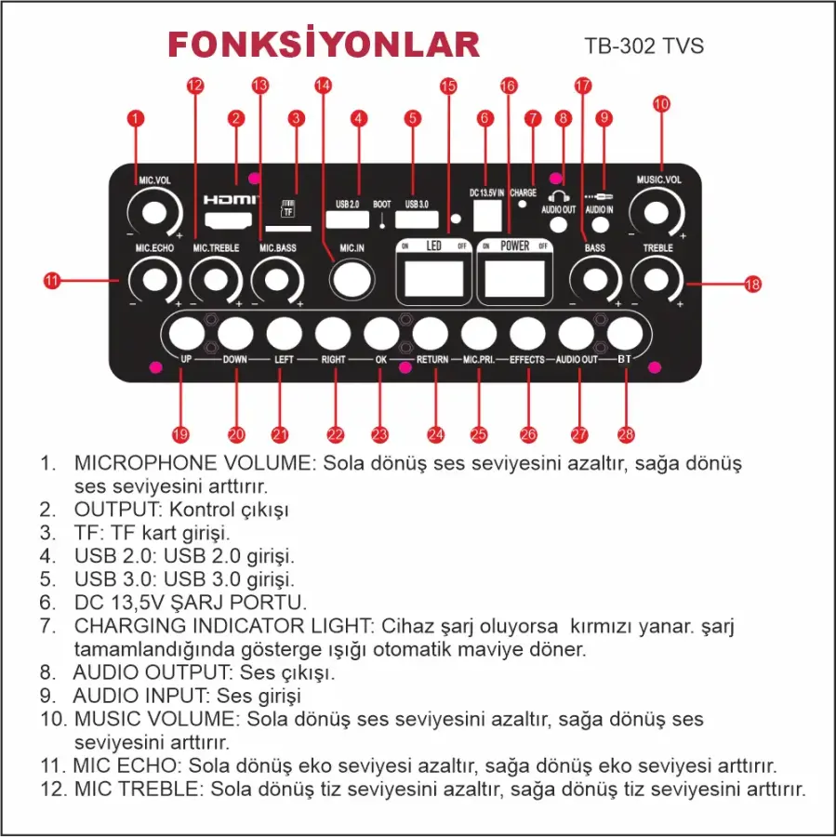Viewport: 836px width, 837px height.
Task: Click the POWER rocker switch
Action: pos(513,277)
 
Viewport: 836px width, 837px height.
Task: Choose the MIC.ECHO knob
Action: pos(154,278)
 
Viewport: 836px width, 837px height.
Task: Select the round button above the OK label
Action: pos(381,332)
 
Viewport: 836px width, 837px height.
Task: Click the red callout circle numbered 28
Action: pos(625,434)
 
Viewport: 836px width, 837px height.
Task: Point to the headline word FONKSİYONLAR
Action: pos(324,45)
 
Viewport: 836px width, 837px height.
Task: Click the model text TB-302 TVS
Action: pos(644,46)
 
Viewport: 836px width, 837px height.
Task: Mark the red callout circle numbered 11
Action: pos(52,278)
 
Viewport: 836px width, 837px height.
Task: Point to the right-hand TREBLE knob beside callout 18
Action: pos(657,278)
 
